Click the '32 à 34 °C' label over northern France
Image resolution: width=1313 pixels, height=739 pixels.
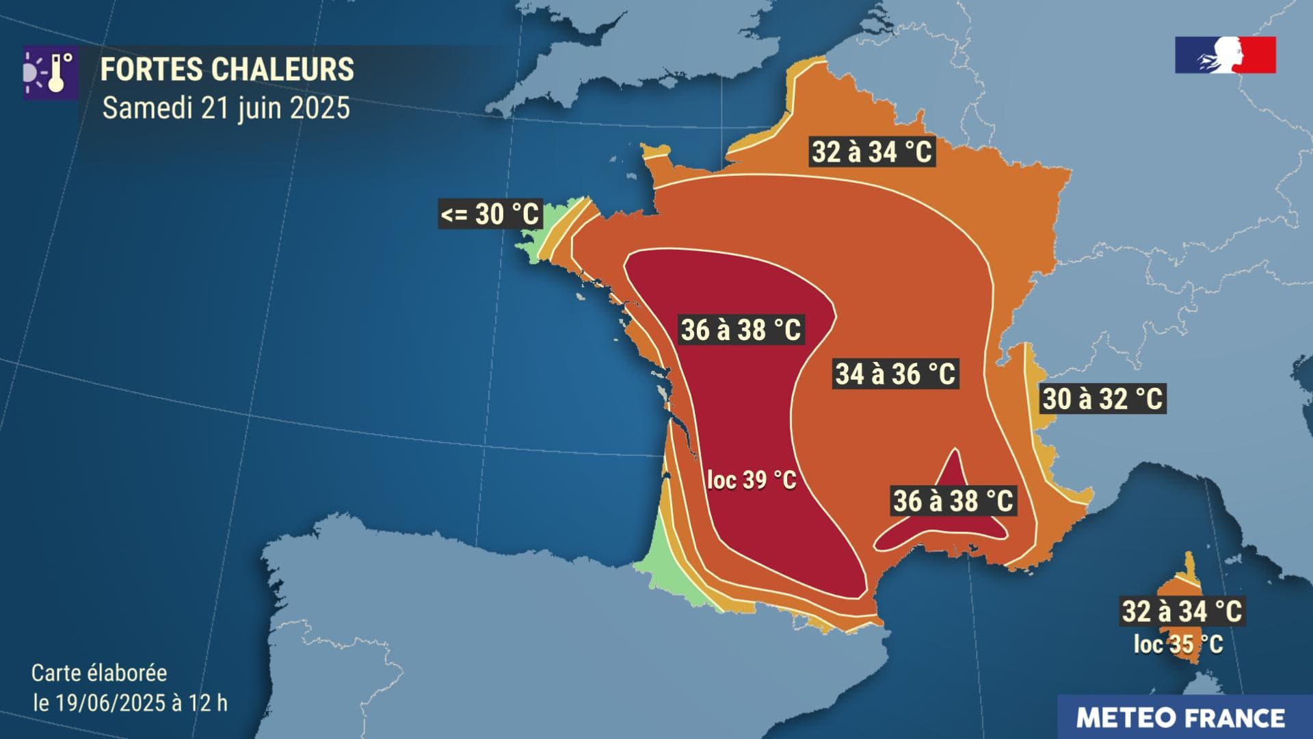872,151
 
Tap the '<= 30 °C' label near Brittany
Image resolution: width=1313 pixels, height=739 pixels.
490,214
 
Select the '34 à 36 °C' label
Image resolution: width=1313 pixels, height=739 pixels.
895,374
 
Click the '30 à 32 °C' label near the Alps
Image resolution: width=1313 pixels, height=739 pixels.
1102,399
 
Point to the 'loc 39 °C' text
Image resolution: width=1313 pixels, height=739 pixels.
752,480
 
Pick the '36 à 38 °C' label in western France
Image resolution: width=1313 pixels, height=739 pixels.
741,330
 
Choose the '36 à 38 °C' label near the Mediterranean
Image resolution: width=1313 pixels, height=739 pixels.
953,501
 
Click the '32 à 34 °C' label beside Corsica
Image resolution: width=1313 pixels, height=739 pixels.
1182,611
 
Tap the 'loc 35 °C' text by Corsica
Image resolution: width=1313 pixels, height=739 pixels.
1178,644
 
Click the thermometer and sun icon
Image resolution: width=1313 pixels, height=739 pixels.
50,73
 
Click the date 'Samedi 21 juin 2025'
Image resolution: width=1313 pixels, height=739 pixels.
226,108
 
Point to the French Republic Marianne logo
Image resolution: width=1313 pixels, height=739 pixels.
1225,55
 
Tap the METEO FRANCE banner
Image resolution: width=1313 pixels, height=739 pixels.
1181,718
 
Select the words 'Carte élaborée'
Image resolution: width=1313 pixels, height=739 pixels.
99,673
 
